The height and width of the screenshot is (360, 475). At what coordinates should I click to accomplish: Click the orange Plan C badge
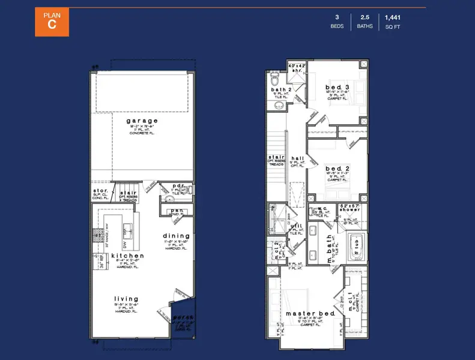point(52,22)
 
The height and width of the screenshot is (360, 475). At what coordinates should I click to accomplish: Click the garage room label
point(142,121)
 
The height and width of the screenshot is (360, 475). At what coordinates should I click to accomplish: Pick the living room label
point(127,298)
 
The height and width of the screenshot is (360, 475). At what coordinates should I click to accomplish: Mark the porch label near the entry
point(181,319)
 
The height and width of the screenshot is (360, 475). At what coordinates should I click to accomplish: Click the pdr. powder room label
point(178,186)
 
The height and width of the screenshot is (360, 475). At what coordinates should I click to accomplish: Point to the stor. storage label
point(100,192)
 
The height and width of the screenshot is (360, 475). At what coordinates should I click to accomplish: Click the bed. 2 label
point(337,169)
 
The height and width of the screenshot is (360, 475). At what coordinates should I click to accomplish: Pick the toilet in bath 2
point(274,79)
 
